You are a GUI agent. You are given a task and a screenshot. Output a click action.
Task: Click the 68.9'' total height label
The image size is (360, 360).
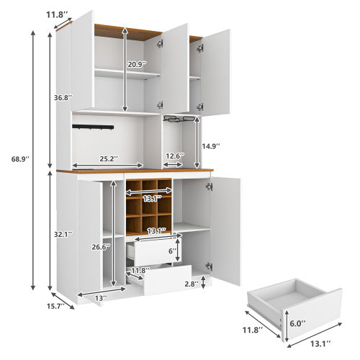tap(14, 159)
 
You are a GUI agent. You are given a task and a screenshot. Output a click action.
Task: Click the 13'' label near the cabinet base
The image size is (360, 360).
tap(100, 297)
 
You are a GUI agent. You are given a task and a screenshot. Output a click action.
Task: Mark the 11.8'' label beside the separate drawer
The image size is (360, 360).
tap(252, 330)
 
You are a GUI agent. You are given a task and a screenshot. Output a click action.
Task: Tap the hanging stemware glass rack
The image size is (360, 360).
tap(179, 120)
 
